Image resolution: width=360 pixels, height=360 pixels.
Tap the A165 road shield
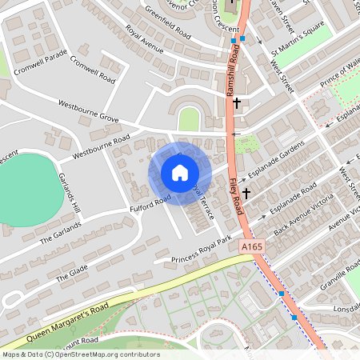(x=252, y=249)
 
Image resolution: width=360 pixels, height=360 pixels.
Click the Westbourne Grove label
(x=88, y=111)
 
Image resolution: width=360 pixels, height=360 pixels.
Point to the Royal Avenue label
(x=144, y=40)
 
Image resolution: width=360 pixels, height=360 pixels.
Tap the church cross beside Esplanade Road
(x=248, y=193)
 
